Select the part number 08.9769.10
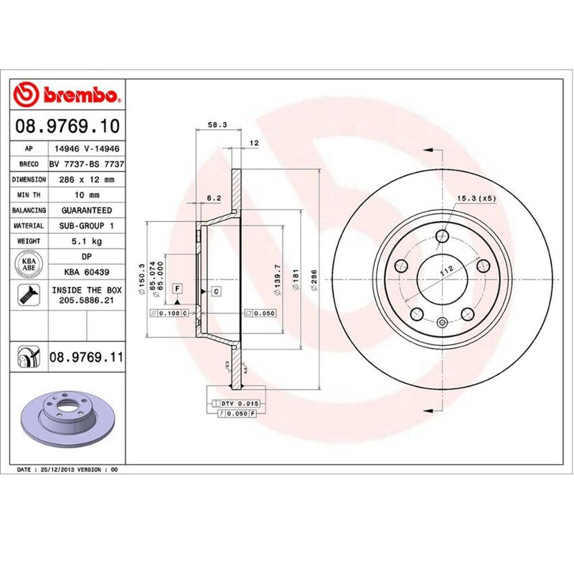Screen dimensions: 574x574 [x=66, y=127]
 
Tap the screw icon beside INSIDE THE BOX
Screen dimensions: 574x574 [x=30, y=294]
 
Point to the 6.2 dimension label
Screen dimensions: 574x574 [x=212, y=197]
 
